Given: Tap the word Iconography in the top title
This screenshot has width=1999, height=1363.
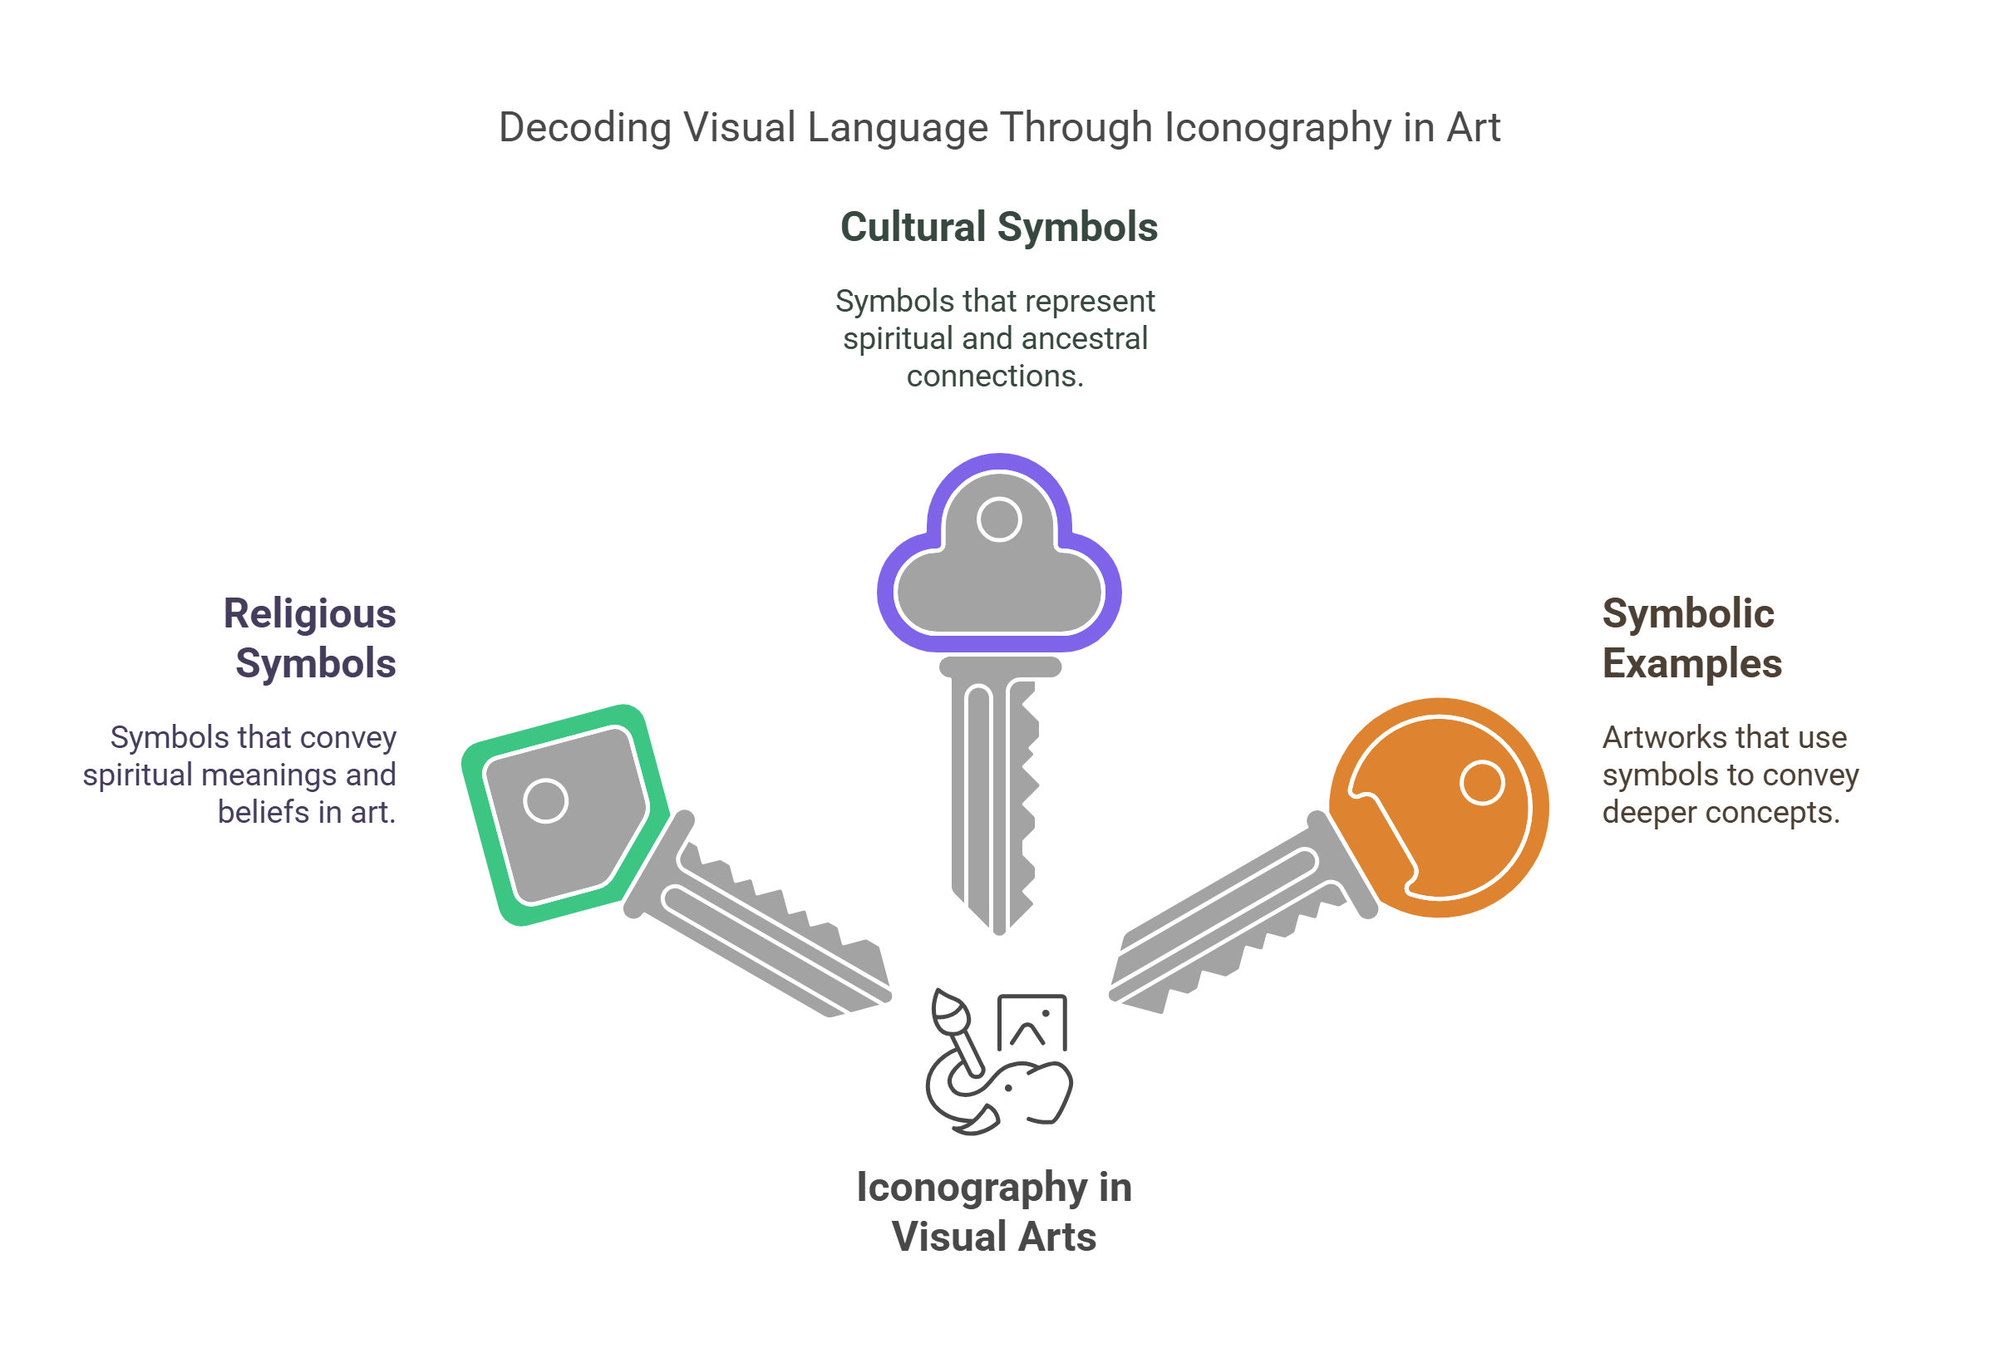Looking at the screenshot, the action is point(1277,128).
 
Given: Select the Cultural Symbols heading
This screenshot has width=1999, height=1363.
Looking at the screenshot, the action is point(998,227).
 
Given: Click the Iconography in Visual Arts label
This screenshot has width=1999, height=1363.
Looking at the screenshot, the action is point(993,1212).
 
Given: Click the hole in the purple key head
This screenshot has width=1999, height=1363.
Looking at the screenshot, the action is point(998,519).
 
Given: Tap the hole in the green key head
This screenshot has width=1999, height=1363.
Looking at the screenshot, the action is point(545,800).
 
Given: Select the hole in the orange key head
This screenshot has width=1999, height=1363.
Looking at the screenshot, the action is point(1481,783).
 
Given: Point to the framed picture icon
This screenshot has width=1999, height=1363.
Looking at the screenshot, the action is point(1032,1022).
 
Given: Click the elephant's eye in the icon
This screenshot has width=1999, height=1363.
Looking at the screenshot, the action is point(1008,1089).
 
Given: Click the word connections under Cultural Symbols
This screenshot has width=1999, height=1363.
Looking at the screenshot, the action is point(994,376).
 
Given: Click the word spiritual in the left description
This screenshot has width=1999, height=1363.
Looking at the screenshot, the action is point(137,775).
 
